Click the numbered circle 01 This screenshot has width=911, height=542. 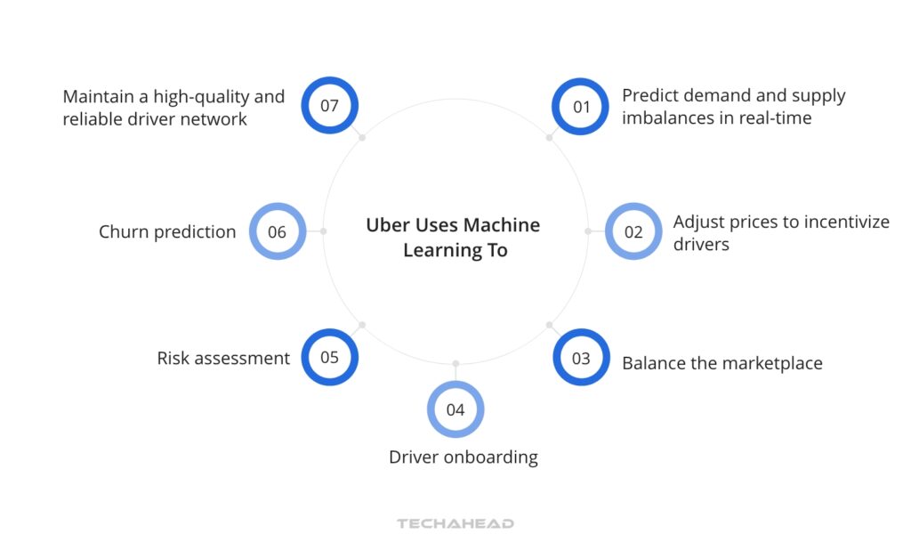581,107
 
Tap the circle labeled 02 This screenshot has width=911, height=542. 633,232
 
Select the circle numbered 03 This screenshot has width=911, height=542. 581,359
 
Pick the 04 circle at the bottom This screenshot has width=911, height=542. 455,409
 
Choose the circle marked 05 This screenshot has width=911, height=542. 330,358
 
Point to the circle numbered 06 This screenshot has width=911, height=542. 278,232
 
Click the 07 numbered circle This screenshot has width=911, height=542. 330,106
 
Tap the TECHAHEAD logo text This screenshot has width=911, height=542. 455,523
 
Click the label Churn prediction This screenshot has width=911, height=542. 167,232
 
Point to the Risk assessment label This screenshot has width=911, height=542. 223,359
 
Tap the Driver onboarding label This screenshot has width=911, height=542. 464,457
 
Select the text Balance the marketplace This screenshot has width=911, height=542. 722,363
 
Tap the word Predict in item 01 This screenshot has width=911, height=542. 649,96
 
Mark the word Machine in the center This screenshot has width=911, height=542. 501,225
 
